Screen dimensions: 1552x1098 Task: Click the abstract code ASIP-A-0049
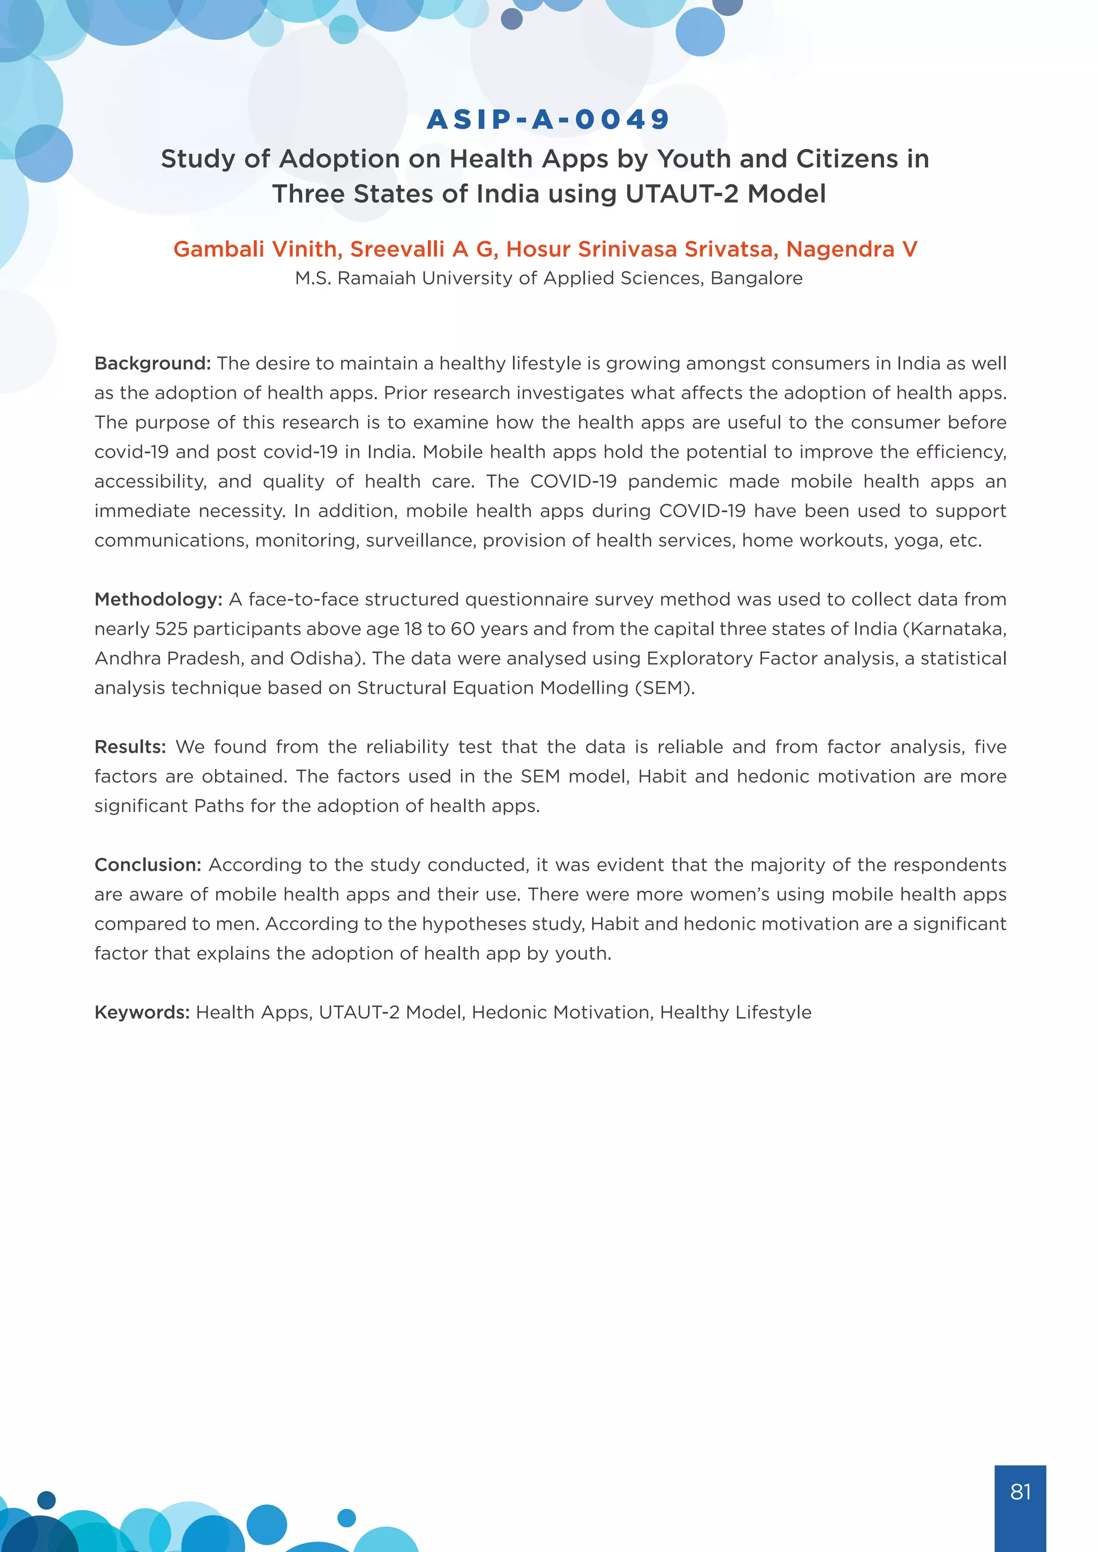pos(548,120)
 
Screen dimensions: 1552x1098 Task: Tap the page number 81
pos(1020,1491)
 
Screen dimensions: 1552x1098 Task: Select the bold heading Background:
pos(153,364)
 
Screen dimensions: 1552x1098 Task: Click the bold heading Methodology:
pos(158,600)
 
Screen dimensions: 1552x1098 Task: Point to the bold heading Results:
pos(130,747)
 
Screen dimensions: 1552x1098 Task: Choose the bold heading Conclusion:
pos(148,865)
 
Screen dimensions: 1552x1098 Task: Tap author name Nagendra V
pos(851,249)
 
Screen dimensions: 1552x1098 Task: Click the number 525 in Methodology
pos(171,629)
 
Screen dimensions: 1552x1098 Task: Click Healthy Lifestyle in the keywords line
pos(736,1012)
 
